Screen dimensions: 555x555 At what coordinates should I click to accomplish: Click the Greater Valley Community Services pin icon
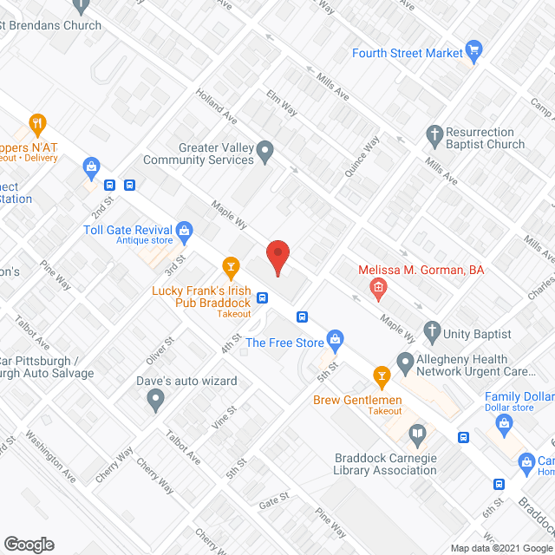point(267,153)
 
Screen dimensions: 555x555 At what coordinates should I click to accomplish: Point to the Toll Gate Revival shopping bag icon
point(183,231)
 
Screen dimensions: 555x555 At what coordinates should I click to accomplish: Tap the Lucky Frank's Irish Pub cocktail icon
point(230,265)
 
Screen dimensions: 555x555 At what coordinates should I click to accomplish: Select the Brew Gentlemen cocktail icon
point(380,375)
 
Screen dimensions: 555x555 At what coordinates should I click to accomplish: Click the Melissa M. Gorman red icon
point(378,287)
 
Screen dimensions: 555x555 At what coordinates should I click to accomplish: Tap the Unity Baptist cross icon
point(431,330)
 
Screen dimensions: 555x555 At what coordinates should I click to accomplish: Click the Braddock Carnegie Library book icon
point(418,433)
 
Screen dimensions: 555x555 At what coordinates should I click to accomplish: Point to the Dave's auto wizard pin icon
point(155,400)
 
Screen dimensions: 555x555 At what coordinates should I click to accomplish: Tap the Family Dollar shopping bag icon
point(505,422)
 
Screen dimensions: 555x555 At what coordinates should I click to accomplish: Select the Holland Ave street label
point(216,104)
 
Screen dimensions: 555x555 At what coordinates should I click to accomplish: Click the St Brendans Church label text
point(51,25)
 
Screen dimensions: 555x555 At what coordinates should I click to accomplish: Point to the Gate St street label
point(272,499)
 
